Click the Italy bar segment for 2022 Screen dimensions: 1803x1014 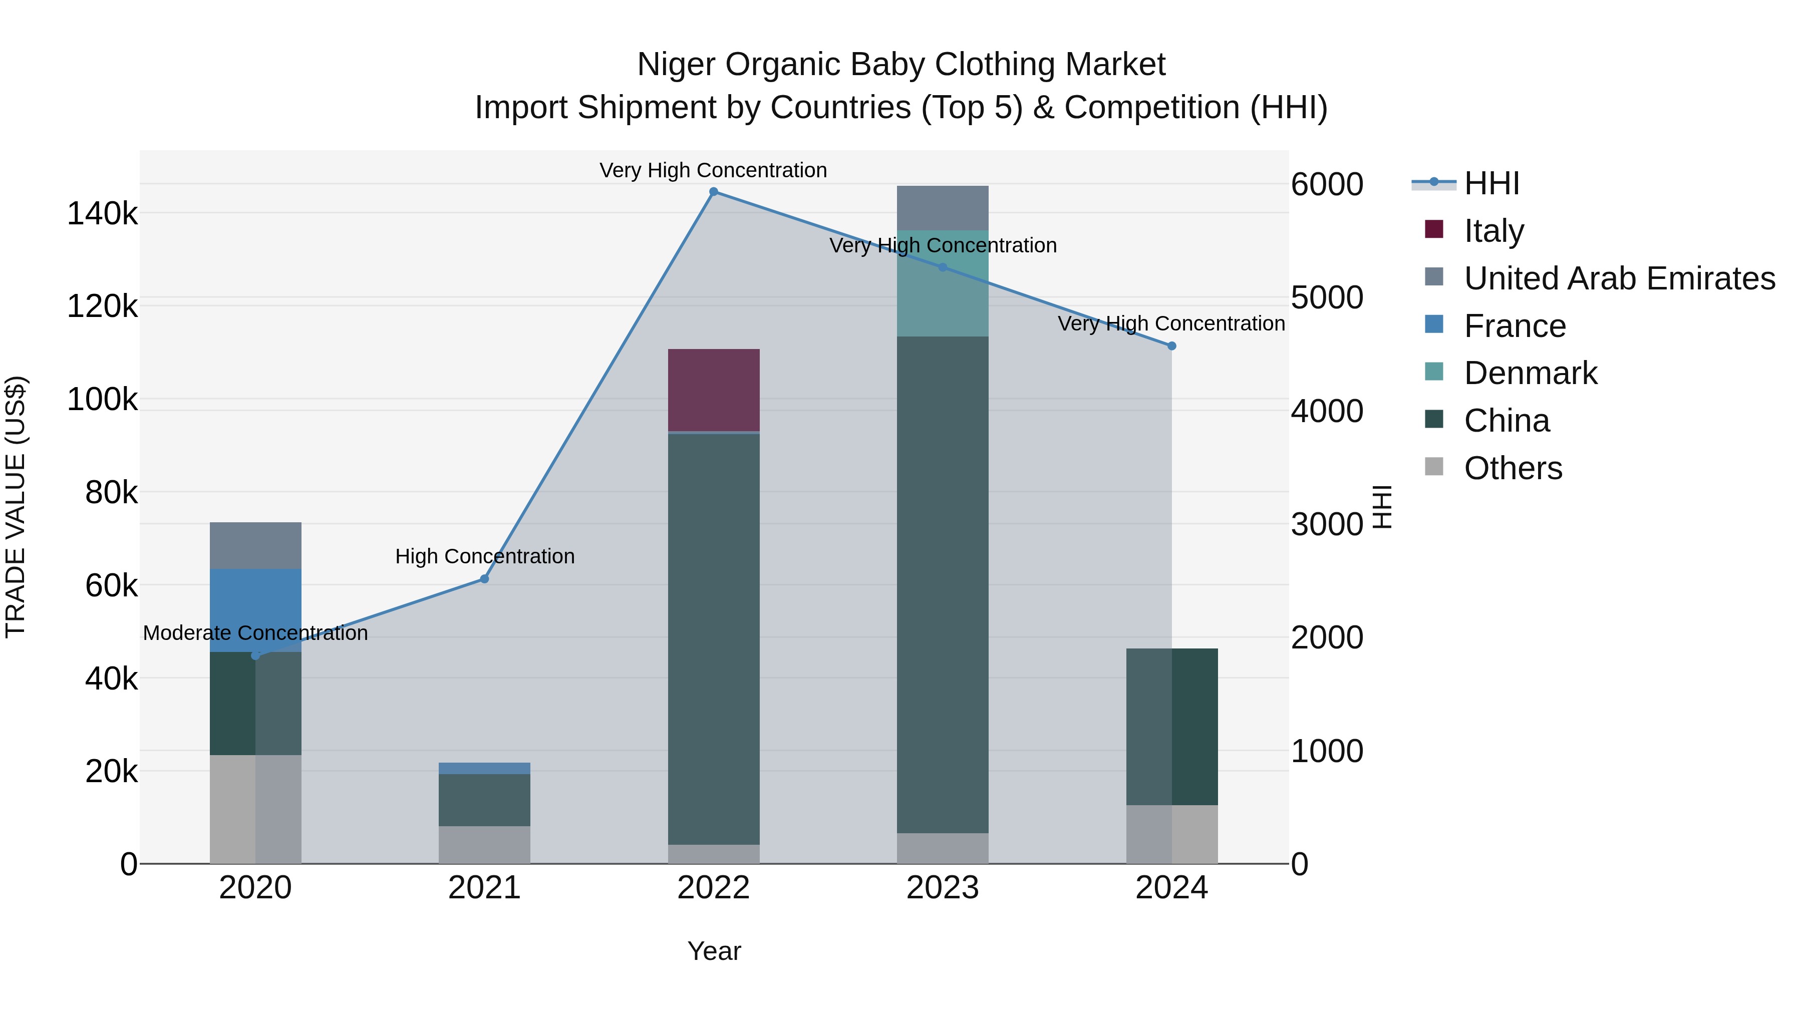(713, 390)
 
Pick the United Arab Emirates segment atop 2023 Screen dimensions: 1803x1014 (942, 208)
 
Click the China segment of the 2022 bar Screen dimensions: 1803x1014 (713, 638)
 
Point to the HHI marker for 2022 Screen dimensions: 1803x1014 (713, 192)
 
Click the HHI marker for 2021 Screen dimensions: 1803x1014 (484, 579)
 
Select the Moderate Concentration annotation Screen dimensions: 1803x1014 (255, 632)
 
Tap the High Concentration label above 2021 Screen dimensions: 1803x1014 (484, 556)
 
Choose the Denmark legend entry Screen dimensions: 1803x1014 (1530, 373)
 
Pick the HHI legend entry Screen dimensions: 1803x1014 (1491, 183)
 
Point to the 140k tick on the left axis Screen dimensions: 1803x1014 (102, 213)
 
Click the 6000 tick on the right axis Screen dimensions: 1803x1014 (1326, 185)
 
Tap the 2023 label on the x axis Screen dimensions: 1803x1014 (942, 888)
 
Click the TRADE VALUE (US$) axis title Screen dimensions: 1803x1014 (16, 507)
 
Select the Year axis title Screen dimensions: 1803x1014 (713, 951)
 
